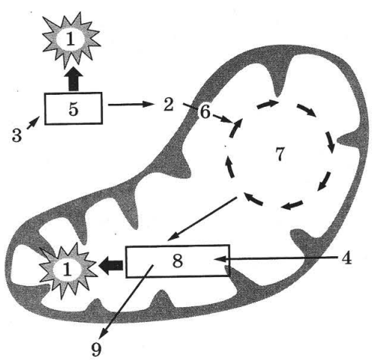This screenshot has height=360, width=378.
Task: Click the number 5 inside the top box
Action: pos(73,109)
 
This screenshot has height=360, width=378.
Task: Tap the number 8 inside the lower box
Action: pos(177,261)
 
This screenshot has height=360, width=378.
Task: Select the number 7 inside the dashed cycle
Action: pos(280,154)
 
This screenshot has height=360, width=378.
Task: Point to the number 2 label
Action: pos(168,105)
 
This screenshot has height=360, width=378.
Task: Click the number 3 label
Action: pos(17,135)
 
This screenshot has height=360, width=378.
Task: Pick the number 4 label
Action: pos(347,258)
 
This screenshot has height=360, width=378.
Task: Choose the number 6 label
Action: pos(205,112)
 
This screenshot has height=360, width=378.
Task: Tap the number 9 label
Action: pos(96,350)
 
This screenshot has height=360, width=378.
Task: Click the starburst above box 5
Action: pos(71,40)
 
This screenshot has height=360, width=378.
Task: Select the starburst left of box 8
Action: pos(67,270)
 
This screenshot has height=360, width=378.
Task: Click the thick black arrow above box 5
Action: pos(73,79)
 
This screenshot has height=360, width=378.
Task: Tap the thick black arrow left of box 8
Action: pos(111,265)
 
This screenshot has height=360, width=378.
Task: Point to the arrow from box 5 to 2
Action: pos(130,105)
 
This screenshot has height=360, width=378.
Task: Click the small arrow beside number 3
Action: pos(32,123)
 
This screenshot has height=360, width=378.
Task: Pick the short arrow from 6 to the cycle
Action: pos(223,119)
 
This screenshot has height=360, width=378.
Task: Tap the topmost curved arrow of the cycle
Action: pos(267,105)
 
